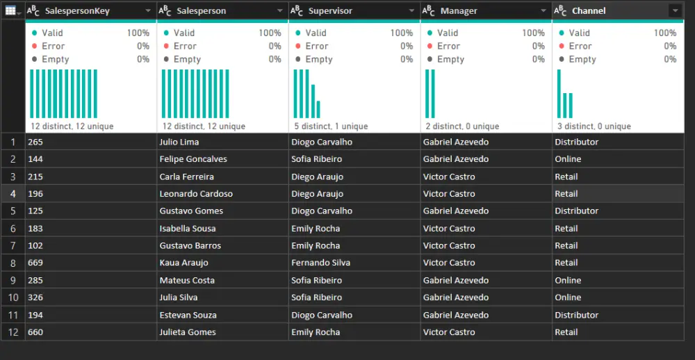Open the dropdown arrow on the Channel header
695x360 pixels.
[674, 11]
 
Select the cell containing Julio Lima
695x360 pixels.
[179, 142]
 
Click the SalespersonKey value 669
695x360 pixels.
[35, 263]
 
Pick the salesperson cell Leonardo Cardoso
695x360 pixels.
[196, 194]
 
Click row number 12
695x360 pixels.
[13, 332]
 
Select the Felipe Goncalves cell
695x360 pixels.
[193, 159]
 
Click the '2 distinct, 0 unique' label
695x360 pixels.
[461, 126]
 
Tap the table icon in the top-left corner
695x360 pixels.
[11, 10]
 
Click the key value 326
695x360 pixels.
[35, 297]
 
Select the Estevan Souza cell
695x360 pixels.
[188, 315]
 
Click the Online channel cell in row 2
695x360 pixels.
[568, 159]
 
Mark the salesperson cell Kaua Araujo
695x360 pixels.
[183, 263]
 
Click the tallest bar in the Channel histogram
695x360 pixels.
[559, 94]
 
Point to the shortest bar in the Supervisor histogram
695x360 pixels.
[319, 109]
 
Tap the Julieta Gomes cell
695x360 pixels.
[188, 332]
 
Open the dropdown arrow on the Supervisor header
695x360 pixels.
[411, 11]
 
